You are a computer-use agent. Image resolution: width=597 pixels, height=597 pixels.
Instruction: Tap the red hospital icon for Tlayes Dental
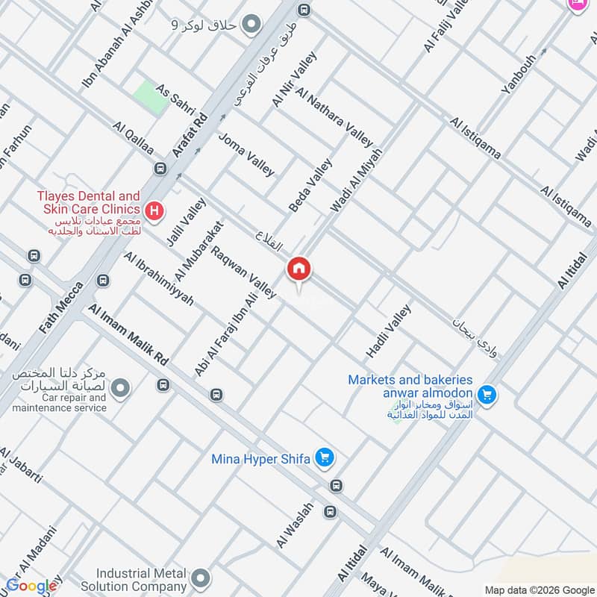pyautogui.click(x=154, y=210)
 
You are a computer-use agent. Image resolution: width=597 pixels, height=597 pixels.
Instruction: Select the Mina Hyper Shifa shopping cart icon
pyautogui.click(x=324, y=457)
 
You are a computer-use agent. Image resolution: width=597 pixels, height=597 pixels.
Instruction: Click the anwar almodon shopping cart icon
pyautogui.click(x=487, y=393)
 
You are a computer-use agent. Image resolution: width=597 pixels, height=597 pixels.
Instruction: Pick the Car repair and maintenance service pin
pyautogui.click(x=119, y=388)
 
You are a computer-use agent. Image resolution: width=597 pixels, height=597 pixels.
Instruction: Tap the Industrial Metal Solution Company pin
pyautogui.click(x=199, y=578)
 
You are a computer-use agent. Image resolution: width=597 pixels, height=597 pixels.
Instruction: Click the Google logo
pyautogui.click(x=31, y=586)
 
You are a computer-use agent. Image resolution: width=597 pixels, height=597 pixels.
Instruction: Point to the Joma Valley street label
pyautogui.click(x=246, y=154)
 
